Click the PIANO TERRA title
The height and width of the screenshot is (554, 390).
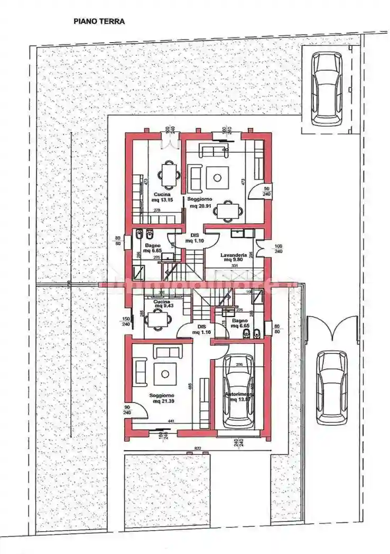[99, 22]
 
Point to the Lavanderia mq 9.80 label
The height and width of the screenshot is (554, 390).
[234, 257]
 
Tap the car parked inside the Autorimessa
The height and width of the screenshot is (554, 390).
[238, 390]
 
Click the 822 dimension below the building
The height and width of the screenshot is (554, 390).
[198, 448]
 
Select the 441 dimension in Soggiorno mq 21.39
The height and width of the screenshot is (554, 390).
[171, 421]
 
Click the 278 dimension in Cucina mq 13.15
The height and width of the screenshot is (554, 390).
[157, 211]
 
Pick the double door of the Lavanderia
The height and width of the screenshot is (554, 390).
[260, 246]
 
